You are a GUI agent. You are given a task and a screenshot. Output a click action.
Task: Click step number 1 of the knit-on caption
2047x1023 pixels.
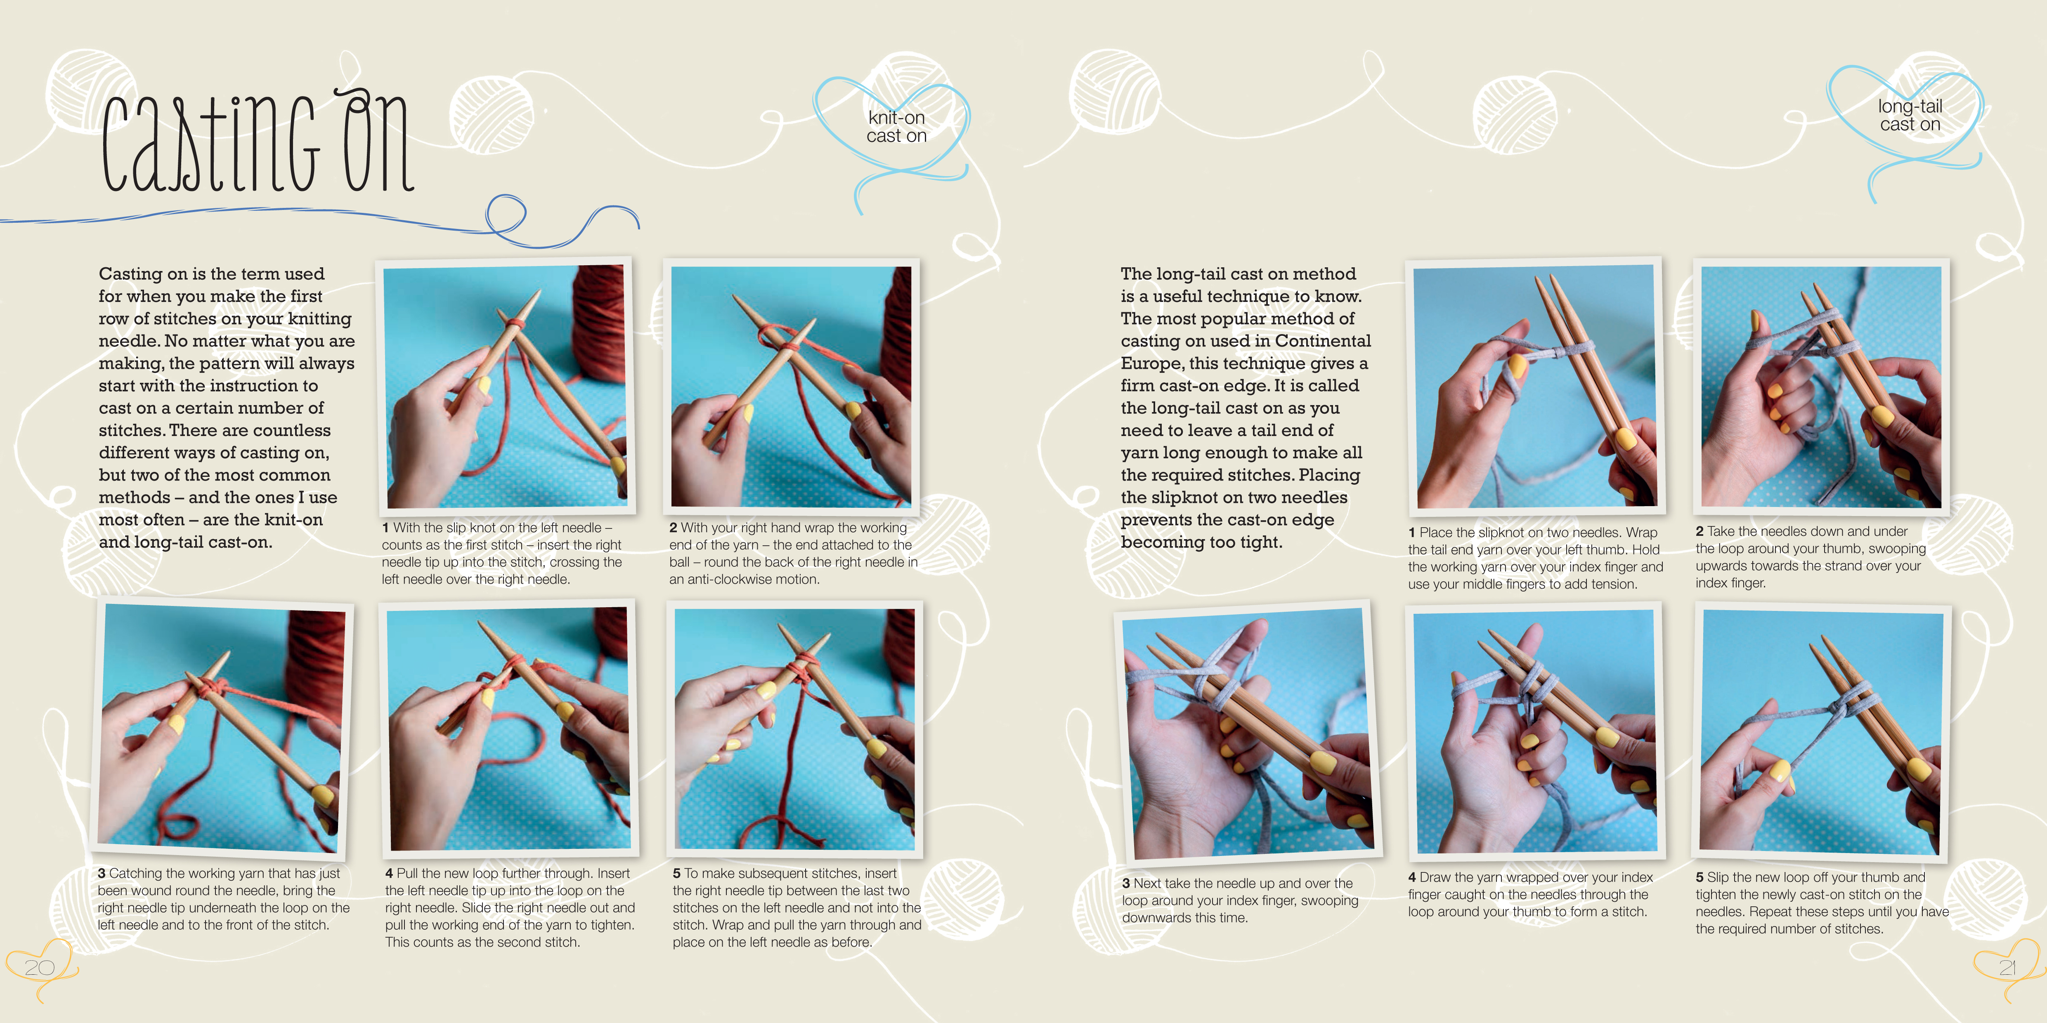pos(385,528)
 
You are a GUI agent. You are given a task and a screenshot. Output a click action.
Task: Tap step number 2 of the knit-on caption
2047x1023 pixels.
pos(673,528)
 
